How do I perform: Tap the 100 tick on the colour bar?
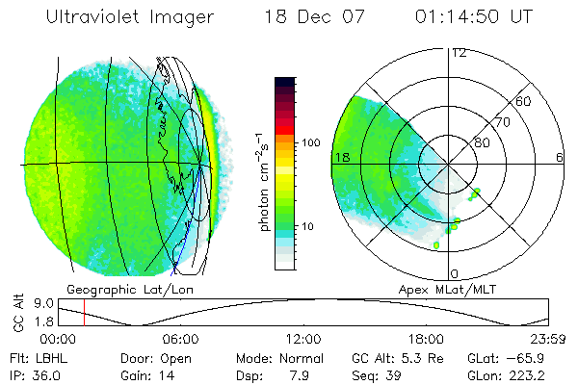point(310,141)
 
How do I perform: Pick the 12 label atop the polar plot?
point(459,52)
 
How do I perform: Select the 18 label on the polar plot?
point(340,158)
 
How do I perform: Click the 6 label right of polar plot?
point(560,158)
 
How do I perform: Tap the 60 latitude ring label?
point(524,102)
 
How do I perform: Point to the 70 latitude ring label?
point(502,123)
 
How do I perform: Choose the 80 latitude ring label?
point(481,143)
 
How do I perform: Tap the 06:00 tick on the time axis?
point(180,339)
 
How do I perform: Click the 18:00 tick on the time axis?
point(425,339)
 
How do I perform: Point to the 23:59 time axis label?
point(547,339)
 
